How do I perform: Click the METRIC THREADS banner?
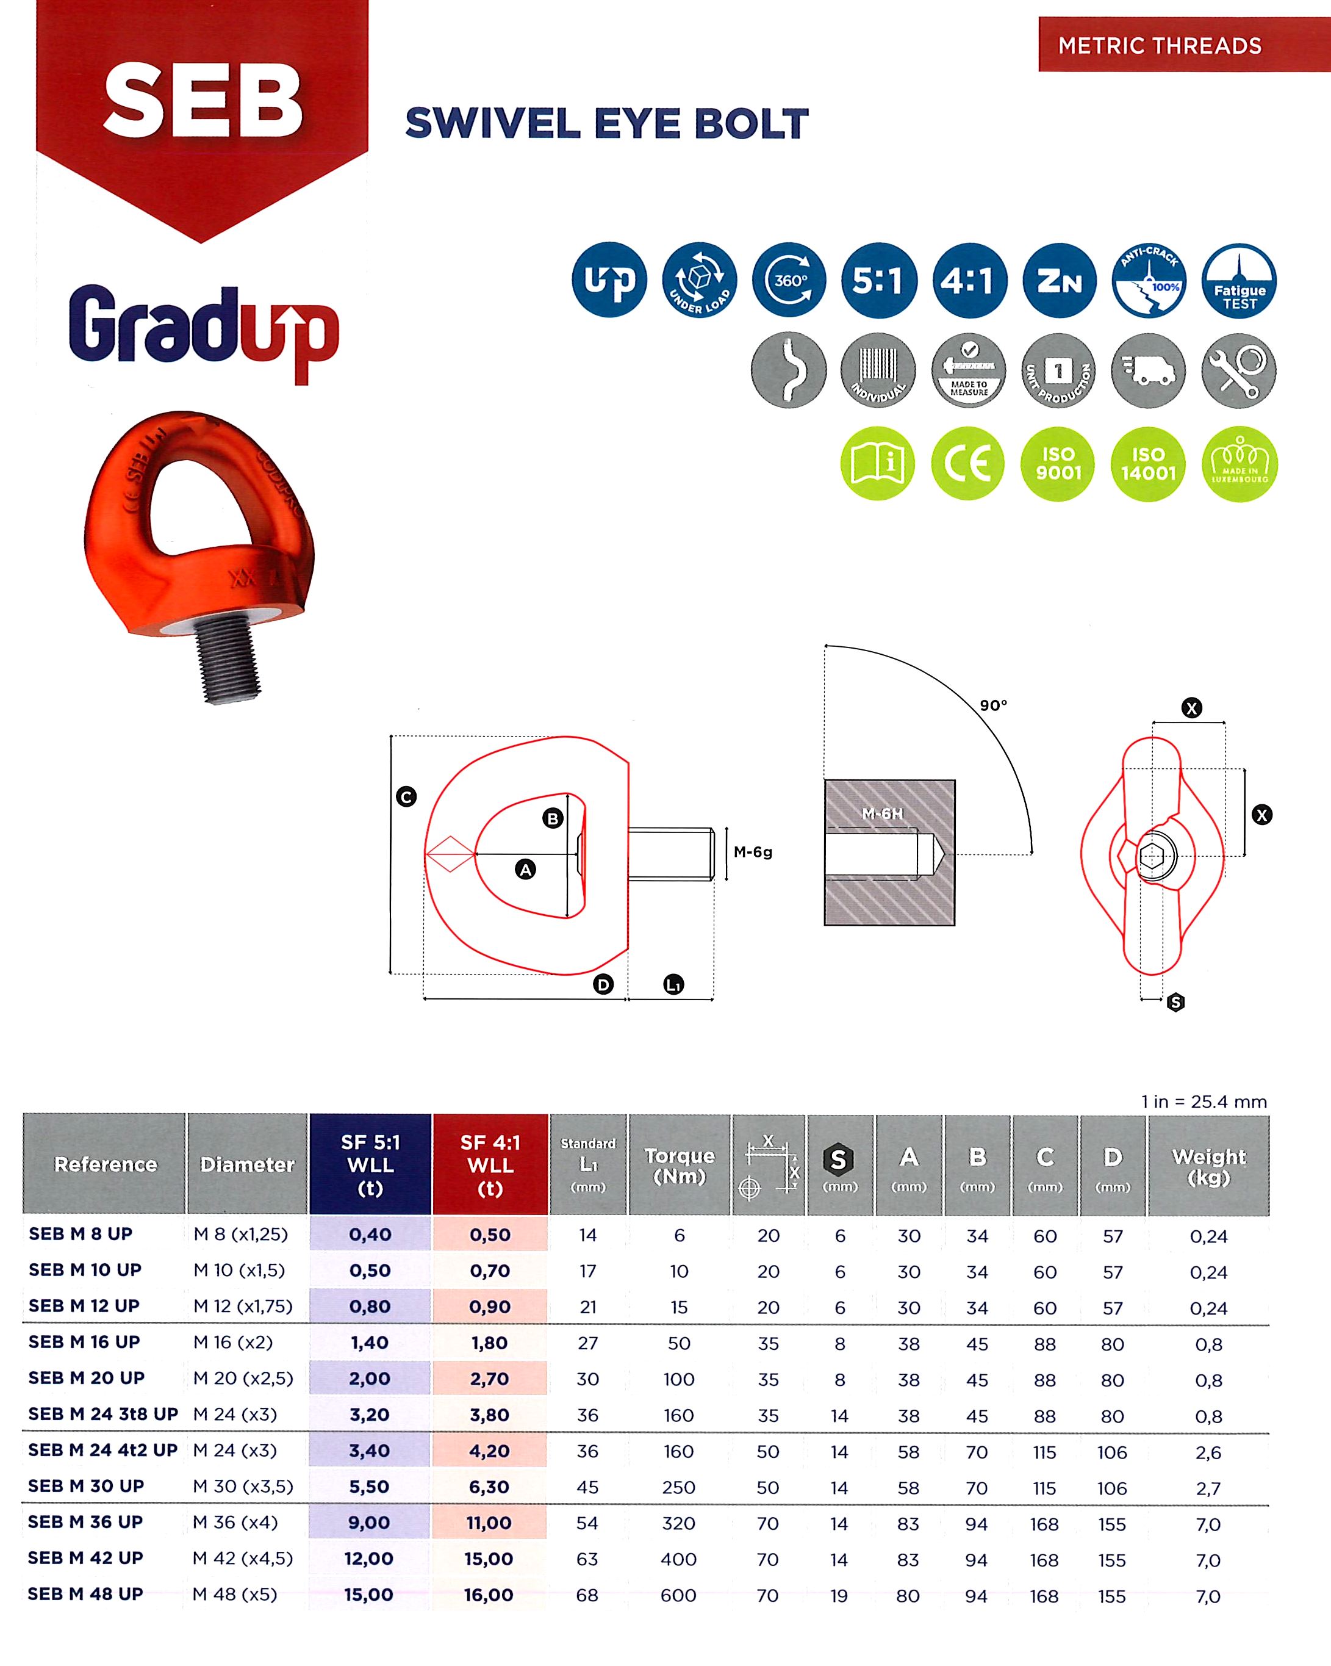coord(1160,46)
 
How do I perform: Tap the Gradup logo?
coord(203,331)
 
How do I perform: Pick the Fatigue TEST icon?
coord(1239,281)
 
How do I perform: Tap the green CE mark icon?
coord(968,464)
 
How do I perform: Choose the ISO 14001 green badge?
coord(1148,464)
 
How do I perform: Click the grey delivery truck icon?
coord(1149,371)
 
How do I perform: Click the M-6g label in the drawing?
coord(752,853)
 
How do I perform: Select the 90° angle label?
coord(994,705)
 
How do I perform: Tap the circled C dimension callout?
coord(406,796)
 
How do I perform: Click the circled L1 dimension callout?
coord(673,985)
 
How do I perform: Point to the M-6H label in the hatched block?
coord(882,813)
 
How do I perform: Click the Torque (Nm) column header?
coord(679,1165)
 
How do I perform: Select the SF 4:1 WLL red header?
coord(490,1164)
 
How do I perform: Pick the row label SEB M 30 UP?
coord(86,1486)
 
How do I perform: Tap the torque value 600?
coord(678,1595)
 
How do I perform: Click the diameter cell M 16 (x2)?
coord(233,1342)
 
